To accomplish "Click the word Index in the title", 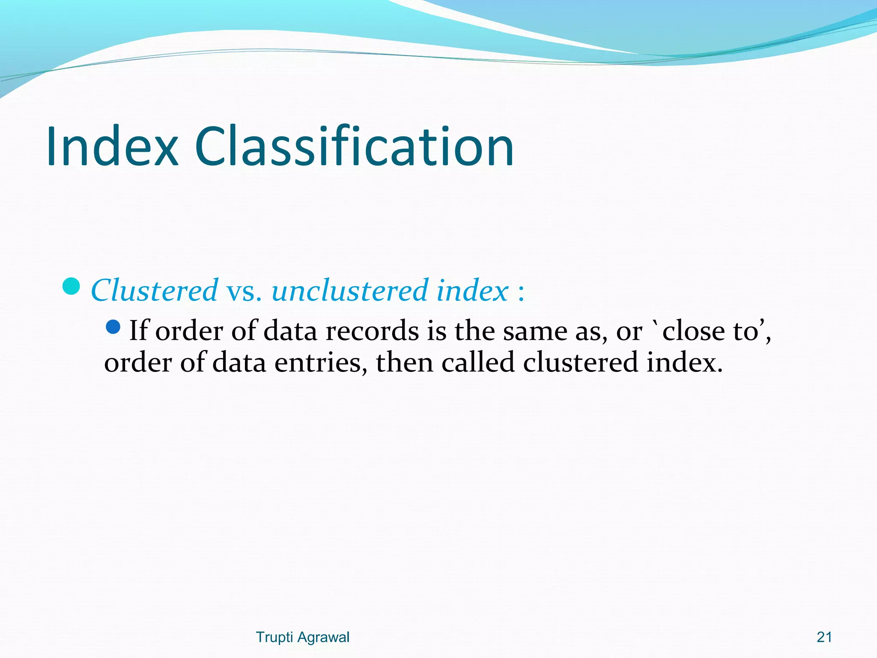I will [112, 147].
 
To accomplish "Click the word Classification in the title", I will [354, 147].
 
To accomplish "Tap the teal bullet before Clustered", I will [71, 286].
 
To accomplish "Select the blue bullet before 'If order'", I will [113, 327].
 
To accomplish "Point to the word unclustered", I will [349, 291].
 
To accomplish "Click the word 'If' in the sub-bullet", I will [139, 331].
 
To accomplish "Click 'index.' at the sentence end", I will [684, 362].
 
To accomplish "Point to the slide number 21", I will [824, 637].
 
